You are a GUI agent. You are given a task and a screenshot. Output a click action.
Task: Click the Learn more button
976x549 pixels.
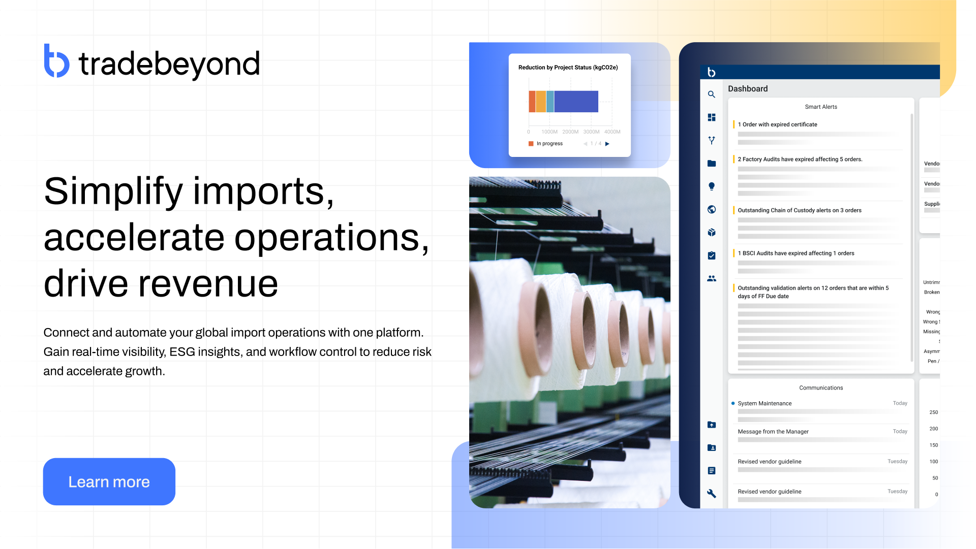[109, 481]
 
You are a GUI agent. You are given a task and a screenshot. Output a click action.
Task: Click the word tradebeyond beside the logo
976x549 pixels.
[169, 64]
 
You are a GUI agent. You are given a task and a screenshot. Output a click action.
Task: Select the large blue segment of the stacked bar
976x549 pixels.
[576, 102]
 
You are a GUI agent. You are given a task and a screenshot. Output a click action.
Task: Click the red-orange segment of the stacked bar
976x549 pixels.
[532, 102]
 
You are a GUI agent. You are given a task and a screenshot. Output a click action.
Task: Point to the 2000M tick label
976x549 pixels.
[570, 132]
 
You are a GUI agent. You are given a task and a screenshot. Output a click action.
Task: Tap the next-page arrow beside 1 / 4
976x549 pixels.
[607, 144]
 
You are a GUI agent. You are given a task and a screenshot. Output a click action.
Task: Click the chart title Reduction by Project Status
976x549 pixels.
[568, 68]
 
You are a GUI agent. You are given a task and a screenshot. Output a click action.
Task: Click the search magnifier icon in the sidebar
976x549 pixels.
[712, 94]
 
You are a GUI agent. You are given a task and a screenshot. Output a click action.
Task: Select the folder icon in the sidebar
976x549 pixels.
[712, 164]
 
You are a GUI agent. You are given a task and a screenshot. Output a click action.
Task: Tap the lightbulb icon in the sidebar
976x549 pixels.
[712, 186]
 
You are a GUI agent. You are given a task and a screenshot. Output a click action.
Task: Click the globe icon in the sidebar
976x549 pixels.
[712, 209]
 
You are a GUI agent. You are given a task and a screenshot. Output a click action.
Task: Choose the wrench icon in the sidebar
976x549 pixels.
[712, 494]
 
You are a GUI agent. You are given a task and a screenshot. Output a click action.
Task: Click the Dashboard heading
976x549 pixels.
[748, 89]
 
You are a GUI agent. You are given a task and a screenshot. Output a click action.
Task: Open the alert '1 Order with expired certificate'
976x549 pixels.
[777, 124]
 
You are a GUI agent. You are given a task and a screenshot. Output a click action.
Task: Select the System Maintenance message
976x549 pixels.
[765, 404]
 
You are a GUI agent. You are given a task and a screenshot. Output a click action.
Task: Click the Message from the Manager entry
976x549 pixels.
[773, 432]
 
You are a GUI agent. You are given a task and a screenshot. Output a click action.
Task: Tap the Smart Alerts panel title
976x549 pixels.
[821, 107]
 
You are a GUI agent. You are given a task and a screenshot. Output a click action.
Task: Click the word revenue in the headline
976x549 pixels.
[208, 284]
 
